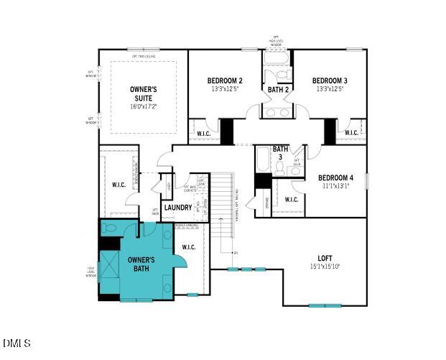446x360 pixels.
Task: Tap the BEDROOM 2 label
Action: pos(225,80)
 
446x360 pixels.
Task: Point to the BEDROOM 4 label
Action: pos(335,177)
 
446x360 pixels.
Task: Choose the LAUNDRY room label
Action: pos(177,208)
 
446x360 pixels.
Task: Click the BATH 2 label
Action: pos(278,90)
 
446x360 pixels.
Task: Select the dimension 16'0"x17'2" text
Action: pos(143,106)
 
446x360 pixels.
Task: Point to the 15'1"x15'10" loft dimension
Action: pos(325,267)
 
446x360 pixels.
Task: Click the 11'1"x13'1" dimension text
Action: pos(335,186)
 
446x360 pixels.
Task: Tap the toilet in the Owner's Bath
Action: pos(109,229)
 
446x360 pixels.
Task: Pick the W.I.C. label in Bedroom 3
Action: pos(350,133)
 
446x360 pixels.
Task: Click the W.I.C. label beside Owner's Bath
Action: pos(189,247)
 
